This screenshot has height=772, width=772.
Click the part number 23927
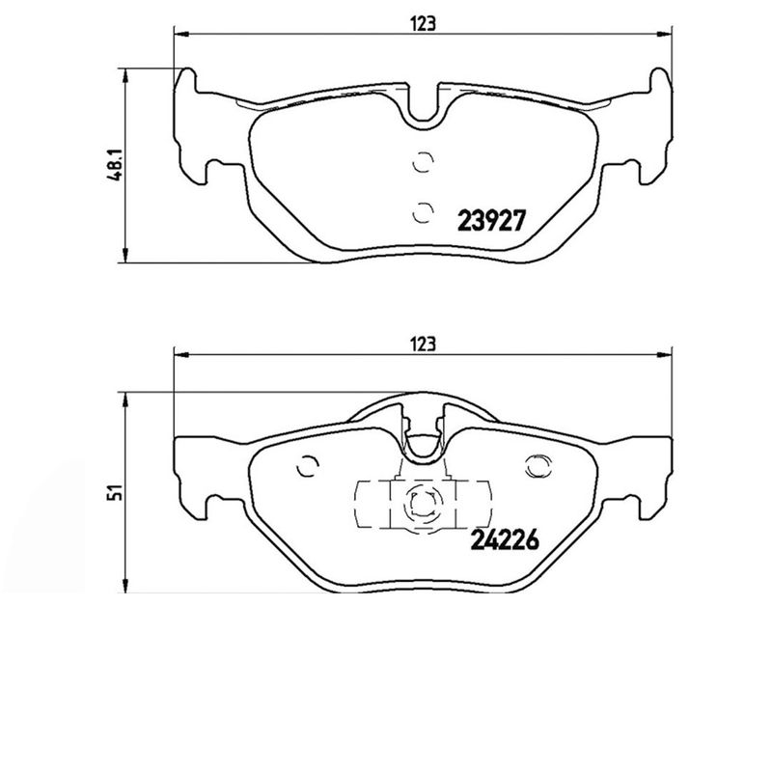pos(489,221)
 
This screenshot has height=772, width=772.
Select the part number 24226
pos(503,541)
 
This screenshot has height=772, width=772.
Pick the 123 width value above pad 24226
pos(423,344)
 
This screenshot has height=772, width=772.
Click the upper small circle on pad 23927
pos(421,163)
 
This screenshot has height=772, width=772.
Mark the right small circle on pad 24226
pos(534,466)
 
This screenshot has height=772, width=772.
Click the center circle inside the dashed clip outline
pos(421,502)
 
